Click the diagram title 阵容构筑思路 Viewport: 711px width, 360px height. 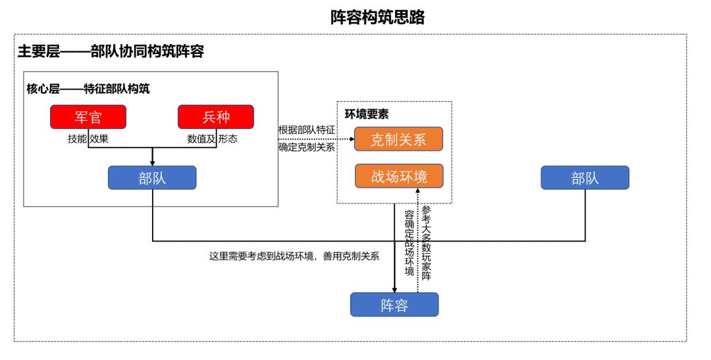377,18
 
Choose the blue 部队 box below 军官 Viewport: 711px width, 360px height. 152,178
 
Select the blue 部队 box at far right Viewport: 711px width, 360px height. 585,178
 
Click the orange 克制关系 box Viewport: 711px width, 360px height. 398,140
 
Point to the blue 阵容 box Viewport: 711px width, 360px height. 394,305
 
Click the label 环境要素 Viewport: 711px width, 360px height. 367,114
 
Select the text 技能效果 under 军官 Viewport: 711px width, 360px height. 88,139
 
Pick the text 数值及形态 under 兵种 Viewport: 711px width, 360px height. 212,139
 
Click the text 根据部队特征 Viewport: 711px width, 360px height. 307,130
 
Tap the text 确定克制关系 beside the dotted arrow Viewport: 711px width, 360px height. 307,147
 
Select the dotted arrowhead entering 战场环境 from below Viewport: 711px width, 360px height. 417,192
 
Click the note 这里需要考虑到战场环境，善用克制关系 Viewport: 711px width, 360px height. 294,256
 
